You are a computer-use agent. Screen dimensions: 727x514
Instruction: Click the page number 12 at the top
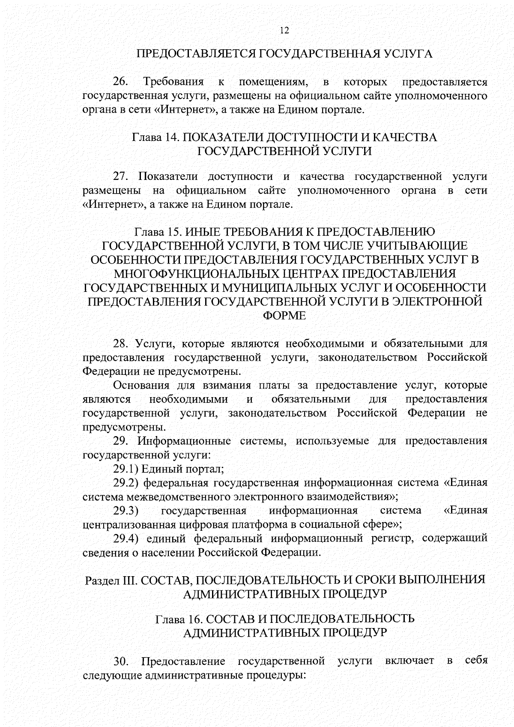coord(284,30)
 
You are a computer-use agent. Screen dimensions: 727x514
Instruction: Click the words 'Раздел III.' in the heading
coord(111,580)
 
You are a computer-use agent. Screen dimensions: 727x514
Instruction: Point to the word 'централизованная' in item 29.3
coord(124,524)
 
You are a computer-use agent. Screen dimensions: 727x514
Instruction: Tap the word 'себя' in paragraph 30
coord(476,660)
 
